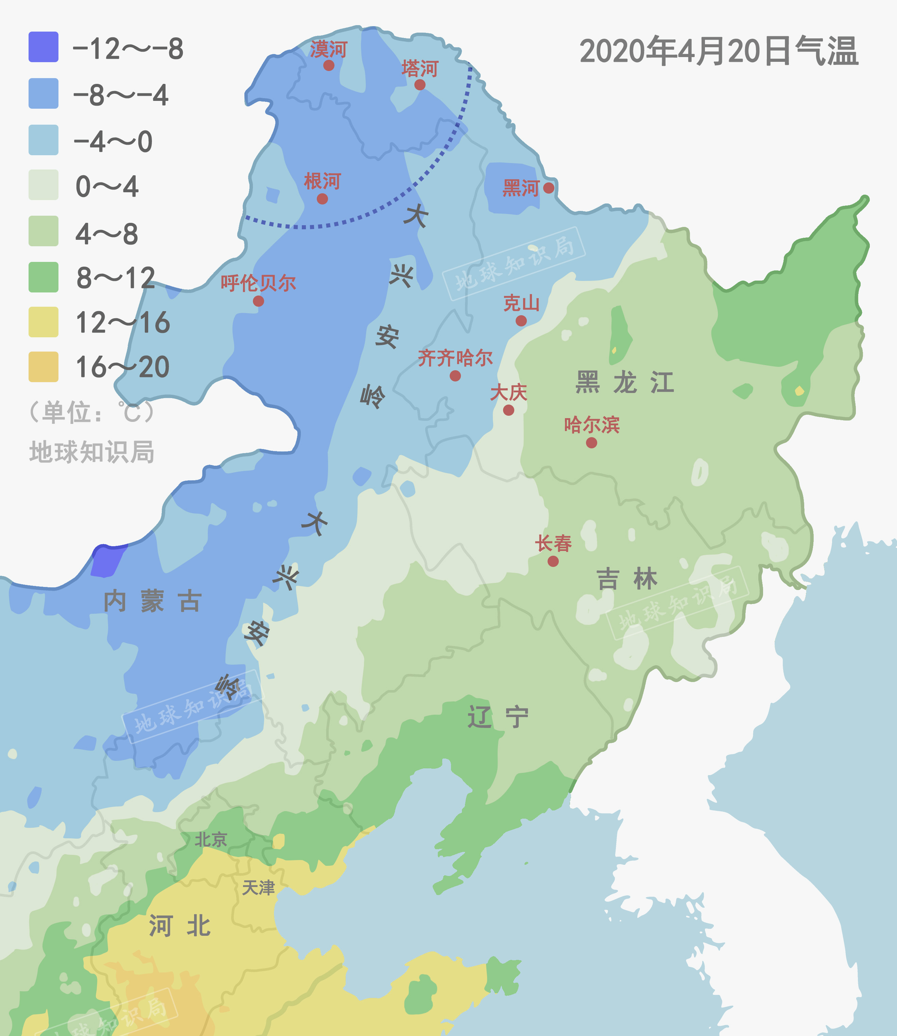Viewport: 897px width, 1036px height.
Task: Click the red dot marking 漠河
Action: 329,65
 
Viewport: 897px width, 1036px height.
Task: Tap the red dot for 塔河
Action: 420,85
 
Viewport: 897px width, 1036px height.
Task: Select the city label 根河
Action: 322,181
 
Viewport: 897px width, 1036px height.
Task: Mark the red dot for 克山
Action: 521,321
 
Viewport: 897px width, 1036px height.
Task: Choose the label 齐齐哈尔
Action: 455,358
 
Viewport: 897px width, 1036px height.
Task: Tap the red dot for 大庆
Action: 508,410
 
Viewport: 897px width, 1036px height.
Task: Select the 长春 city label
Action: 553,543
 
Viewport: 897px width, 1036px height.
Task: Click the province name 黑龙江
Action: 625,383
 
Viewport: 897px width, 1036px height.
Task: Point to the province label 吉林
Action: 627,579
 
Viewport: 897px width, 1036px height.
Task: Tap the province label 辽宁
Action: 498,717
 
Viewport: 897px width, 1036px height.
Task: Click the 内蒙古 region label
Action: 153,601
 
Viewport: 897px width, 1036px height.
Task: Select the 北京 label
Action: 211,839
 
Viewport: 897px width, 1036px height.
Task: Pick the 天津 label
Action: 258,888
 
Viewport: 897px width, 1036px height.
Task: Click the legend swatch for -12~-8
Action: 44,47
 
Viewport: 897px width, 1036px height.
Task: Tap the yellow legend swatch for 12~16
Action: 44,322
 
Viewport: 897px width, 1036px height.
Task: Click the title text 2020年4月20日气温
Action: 719,51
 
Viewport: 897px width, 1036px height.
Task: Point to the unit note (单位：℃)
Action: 91,413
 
